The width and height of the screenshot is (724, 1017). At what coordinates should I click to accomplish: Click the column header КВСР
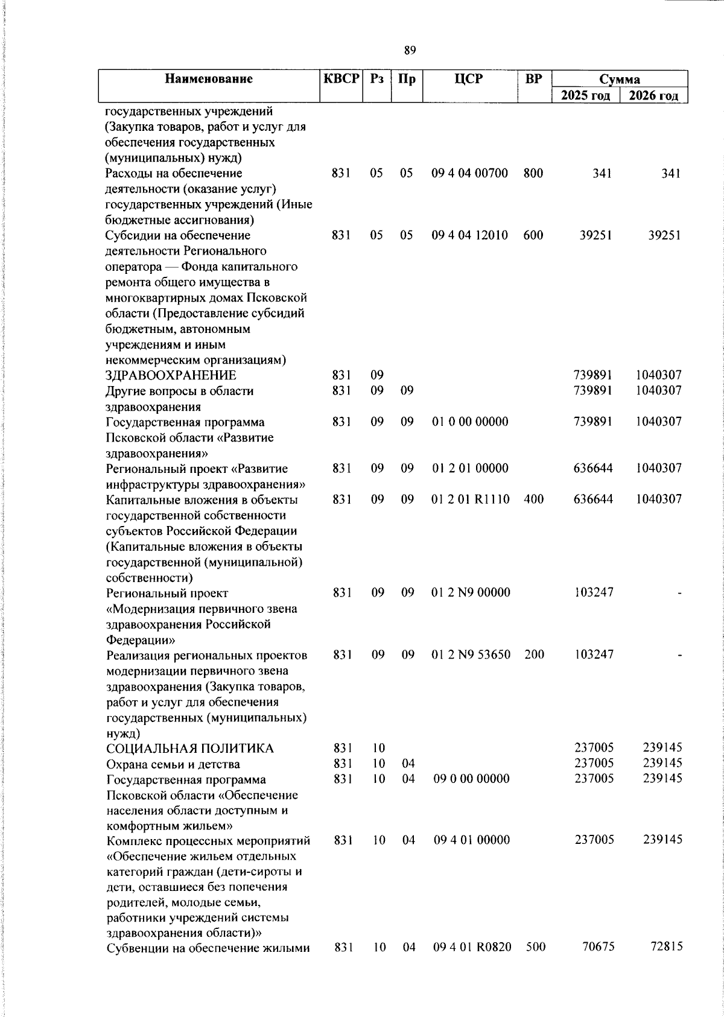[x=341, y=79]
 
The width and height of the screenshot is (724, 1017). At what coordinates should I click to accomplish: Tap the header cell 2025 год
[x=585, y=95]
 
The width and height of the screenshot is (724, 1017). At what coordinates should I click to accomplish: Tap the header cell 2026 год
[x=653, y=95]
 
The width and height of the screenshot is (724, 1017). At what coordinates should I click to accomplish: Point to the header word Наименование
[x=209, y=79]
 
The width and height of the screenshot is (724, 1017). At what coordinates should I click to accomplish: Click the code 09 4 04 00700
[x=469, y=173]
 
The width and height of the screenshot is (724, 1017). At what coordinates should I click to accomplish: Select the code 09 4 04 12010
[x=469, y=235]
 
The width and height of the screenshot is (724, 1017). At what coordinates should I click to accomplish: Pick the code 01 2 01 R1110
[x=471, y=499]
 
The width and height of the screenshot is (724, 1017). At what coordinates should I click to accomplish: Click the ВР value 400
[x=533, y=499]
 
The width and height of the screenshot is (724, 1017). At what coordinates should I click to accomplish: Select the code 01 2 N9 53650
[x=471, y=654]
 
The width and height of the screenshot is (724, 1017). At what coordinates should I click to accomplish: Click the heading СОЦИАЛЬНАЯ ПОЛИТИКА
[x=189, y=749]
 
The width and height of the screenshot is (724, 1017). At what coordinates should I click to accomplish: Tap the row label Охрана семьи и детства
[x=173, y=764]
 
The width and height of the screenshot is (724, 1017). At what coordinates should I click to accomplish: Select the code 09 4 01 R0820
[x=472, y=947]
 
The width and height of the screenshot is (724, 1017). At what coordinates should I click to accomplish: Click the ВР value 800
[x=533, y=173]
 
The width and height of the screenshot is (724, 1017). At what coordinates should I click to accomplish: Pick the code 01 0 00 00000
[x=470, y=422]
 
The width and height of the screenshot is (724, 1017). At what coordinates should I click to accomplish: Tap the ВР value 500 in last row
[x=535, y=947]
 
